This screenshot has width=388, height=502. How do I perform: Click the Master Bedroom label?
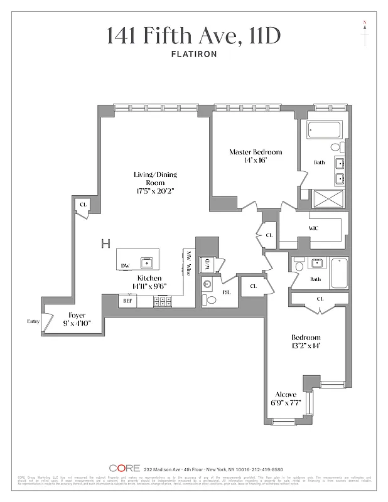tap(255, 152)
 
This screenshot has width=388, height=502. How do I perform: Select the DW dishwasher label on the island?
tap(126, 266)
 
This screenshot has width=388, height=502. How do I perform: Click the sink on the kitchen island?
tap(147, 262)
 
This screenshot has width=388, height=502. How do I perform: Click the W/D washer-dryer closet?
tap(207, 264)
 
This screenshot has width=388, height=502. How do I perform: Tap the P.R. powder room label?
tap(226, 292)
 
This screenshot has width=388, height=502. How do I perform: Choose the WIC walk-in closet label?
tap(313, 228)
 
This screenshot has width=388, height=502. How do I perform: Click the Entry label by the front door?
tap(33, 322)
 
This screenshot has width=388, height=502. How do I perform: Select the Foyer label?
tap(77, 315)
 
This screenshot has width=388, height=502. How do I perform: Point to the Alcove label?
tap(286, 395)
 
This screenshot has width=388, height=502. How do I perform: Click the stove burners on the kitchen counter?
tap(161, 301)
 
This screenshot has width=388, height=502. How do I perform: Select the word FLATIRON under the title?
tap(194, 54)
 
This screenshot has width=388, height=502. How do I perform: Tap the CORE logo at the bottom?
tap(124, 468)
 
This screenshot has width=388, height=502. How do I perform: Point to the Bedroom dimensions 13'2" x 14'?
tap(306, 346)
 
